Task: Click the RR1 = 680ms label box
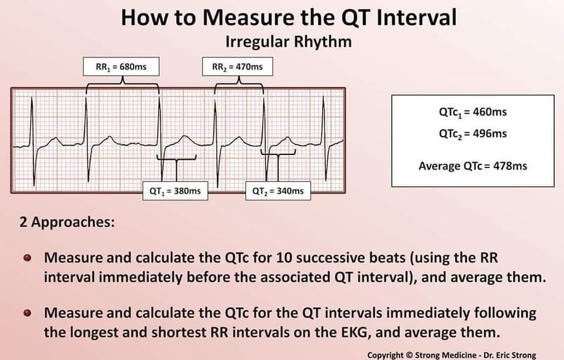point(121,67)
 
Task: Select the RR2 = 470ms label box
point(237,67)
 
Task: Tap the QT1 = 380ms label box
point(176,191)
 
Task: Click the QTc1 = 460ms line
point(472,112)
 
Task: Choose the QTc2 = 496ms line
point(472,133)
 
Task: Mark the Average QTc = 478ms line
point(472,166)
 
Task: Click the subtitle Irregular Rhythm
point(288,42)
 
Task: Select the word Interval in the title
point(414,18)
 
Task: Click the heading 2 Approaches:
point(67,223)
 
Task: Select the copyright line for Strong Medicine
point(451,355)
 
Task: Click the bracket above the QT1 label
point(176,159)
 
